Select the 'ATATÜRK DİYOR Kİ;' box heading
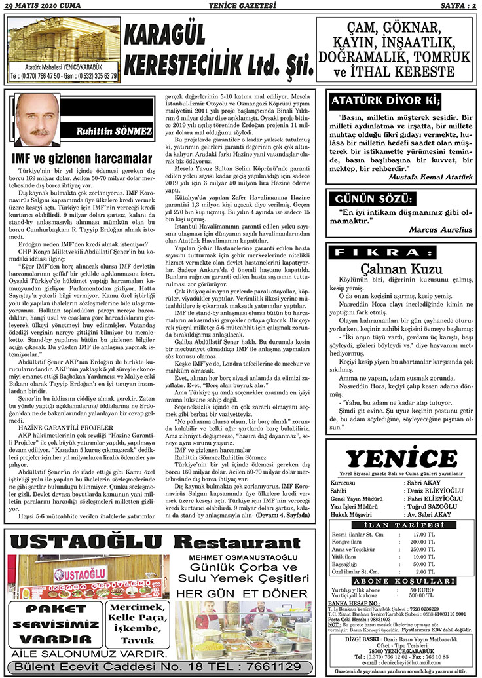pyautogui.click(x=384, y=101)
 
